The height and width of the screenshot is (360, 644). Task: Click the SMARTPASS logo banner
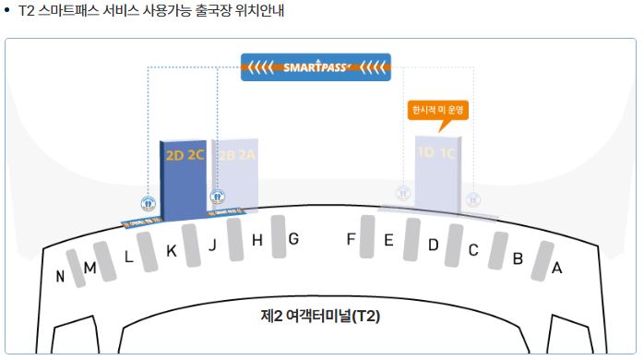click(315, 66)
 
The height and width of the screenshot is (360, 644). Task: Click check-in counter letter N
click(60, 276)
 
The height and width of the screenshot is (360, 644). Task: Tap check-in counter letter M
click(90, 268)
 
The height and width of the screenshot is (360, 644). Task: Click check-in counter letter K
click(171, 251)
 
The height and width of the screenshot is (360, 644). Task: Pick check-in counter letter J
click(212, 245)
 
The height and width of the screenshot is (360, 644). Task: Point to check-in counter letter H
click(257, 241)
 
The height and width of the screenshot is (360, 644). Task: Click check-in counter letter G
click(293, 239)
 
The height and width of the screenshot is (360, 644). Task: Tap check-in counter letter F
click(351, 239)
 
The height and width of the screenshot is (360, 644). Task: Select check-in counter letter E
click(388, 241)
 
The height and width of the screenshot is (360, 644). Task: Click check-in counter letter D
click(433, 245)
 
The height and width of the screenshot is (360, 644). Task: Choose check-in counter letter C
click(473, 250)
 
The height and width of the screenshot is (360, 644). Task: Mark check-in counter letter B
click(518, 258)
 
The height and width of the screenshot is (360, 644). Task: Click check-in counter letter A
click(556, 269)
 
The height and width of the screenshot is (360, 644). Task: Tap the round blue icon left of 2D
click(147, 204)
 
